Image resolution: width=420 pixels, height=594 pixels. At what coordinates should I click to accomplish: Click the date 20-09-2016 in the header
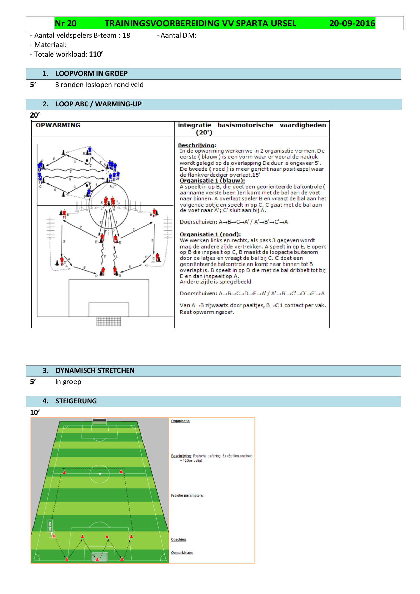pos(352,23)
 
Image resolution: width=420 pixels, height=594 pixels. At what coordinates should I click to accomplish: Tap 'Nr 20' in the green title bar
pos(66,23)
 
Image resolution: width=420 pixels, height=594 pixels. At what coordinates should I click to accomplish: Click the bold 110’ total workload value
pos(96,54)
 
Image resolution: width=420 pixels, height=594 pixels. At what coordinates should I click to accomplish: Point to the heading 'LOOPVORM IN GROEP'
pos(91,73)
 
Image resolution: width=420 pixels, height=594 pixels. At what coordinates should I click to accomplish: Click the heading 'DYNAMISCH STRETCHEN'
pos(95,370)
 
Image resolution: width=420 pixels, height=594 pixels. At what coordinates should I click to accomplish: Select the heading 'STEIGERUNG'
pos(76,401)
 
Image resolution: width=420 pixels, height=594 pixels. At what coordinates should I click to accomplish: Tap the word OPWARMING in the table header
pos(58,125)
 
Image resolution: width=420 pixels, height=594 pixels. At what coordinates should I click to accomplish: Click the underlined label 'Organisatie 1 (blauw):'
pos(212,181)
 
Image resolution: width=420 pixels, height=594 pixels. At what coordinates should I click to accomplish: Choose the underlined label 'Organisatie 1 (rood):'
pos(210,234)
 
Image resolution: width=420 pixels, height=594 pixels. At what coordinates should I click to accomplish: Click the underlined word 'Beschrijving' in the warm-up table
pos(196,145)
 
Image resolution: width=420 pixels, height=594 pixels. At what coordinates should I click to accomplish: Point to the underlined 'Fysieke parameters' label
pos(187,495)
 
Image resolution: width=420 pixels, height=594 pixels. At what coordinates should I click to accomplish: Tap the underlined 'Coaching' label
pos(178,539)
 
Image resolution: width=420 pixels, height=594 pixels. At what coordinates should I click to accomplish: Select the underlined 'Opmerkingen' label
pos(182,553)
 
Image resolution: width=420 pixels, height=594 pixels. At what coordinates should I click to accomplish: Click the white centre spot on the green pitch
pos(100,474)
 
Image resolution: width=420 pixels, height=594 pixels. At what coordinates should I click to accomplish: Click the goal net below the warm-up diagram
pos(109,321)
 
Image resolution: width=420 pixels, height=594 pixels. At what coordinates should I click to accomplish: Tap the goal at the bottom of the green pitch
pos(100,557)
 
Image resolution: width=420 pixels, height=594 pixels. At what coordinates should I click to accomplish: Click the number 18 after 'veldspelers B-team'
pos(126,35)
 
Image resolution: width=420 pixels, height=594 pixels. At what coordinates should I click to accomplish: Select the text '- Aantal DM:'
pos(176,35)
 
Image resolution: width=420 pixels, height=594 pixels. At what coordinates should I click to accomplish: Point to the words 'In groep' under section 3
pos(68,382)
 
